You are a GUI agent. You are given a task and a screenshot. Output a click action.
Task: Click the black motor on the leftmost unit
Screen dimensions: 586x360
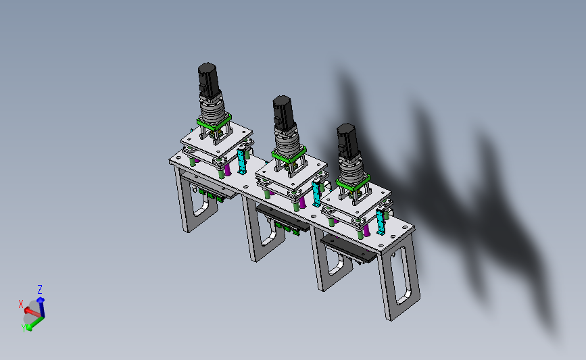(208, 80)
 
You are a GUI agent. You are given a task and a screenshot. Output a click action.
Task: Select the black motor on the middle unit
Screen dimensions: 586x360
(283, 113)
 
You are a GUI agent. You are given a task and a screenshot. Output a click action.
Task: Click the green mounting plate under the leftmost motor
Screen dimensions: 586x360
(214, 122)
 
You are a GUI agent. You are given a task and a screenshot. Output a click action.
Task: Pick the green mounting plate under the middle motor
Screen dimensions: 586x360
(289, 155)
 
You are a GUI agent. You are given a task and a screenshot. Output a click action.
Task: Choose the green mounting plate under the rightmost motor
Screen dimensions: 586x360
(353, 183)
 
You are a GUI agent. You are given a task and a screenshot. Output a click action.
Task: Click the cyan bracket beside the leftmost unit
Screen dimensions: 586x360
(242, 161)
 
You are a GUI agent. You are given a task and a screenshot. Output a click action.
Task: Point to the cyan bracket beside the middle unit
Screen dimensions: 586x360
(316, 193)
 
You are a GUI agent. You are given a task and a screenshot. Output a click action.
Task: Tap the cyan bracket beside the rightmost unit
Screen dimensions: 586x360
(381, 222)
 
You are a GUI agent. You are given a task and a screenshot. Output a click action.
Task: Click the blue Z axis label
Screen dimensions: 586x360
(40, 289)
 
